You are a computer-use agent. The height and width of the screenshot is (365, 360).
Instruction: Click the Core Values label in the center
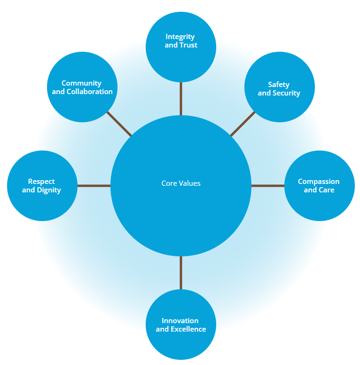(x=181, y=183)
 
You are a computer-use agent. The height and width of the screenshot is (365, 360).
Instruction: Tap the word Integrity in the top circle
(x=180, y=37)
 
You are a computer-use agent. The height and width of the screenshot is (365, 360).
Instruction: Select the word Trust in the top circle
(x=188, y=45)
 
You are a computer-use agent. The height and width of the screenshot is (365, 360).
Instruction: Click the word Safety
(x=279, y=85)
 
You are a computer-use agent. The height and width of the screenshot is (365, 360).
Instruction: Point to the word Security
(x=286, y=93)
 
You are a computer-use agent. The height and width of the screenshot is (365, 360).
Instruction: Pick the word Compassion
(x=319, y=182)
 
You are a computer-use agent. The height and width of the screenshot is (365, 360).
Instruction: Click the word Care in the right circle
(x=326, y=190)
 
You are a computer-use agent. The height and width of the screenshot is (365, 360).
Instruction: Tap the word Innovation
(x=180, y=321)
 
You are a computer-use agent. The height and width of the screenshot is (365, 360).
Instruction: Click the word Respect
(x=41, y=182)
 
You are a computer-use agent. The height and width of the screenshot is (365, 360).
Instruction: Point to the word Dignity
(x=49, y=190)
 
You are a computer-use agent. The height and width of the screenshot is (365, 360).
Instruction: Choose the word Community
(x=81, y=83)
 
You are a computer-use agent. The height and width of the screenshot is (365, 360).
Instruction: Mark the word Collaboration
(x=89, y=92)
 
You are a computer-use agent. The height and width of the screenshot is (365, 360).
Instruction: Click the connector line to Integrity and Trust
(x=181, y=99)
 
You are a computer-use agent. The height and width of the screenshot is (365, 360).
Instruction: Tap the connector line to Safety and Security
(x=243, y=124)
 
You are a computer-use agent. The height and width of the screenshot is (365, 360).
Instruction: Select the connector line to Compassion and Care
(x=268, y=186)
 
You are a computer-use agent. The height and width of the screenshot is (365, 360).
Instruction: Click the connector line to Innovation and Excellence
(x=181, y=273)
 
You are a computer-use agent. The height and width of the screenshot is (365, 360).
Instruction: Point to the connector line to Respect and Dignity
(x=94, y=186)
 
